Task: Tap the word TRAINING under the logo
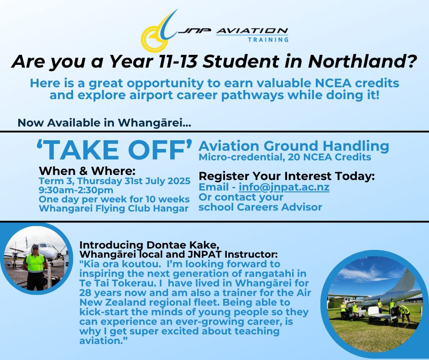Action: (x=268, y=40)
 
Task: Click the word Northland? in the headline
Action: (x=362, y=61)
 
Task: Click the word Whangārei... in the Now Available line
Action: (x=155, y=123)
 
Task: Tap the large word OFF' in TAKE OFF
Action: (x=160, y=150)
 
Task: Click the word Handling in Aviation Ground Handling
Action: (x=356, y=146)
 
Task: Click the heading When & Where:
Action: (x=87, y=171)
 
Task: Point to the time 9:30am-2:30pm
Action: (x=76, y=190)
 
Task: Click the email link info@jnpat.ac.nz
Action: (x=284, y=187)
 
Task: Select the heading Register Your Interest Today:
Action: (x=287, y=176)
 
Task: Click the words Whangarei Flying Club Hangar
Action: (x=114, y=208)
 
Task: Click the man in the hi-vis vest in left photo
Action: (x=35, y=267)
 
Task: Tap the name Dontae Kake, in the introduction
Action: (x=183, y=245)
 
